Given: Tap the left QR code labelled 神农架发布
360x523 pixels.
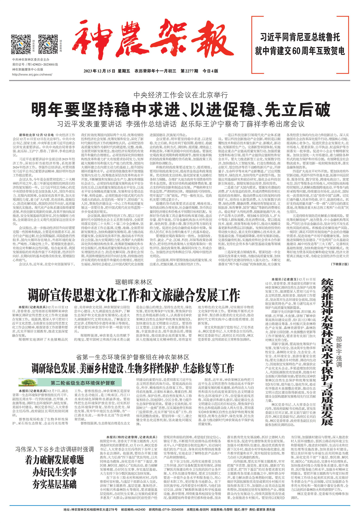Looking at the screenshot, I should coord(21,44).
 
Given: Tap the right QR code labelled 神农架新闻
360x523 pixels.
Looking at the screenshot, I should coord(48,44).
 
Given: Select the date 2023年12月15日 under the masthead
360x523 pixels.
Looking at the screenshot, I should coord(99,71).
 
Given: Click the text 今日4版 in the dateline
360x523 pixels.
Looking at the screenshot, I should coord(210,71).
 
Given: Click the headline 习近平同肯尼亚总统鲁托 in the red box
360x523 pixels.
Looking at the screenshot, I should coord(300,37).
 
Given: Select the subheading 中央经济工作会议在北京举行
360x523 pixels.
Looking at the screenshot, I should coord(181,95).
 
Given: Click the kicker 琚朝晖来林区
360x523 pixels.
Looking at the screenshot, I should coord(133,282).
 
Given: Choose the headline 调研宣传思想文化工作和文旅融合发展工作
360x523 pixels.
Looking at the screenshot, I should coord(133,295).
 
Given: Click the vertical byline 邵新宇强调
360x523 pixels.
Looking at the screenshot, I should coord(339,352).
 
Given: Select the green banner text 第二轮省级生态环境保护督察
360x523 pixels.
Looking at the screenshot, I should coord(83,383).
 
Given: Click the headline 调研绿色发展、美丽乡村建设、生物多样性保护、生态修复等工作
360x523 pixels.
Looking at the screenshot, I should coord(133,368).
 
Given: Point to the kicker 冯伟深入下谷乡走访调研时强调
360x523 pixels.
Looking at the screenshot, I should coord(54,450).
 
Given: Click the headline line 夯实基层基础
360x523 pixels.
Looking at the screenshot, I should coord(54,484).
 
